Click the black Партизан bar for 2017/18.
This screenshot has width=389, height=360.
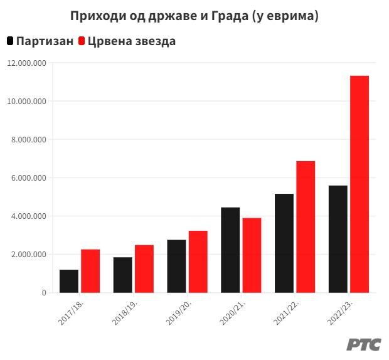coord(69,281)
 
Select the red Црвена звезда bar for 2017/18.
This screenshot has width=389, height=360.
coord(90,271)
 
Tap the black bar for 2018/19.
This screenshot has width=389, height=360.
coord(123,275)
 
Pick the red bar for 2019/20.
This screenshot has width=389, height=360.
coord(198,262)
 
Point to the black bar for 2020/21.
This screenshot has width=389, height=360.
coord(230,250)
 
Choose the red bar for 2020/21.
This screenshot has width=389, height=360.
coord(252,255)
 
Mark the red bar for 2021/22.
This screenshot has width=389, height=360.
coord(306,226)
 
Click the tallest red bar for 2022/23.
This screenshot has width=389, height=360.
coord(360,184)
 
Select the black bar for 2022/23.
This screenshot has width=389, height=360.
coord(338,239)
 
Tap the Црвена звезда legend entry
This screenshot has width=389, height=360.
coord(125,41)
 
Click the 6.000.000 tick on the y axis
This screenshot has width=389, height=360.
coord(29,178)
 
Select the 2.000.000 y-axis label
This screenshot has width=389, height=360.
coord(29,255)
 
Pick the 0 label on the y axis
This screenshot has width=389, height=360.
coord(44,293)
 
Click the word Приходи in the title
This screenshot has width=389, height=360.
coord(95,16)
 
